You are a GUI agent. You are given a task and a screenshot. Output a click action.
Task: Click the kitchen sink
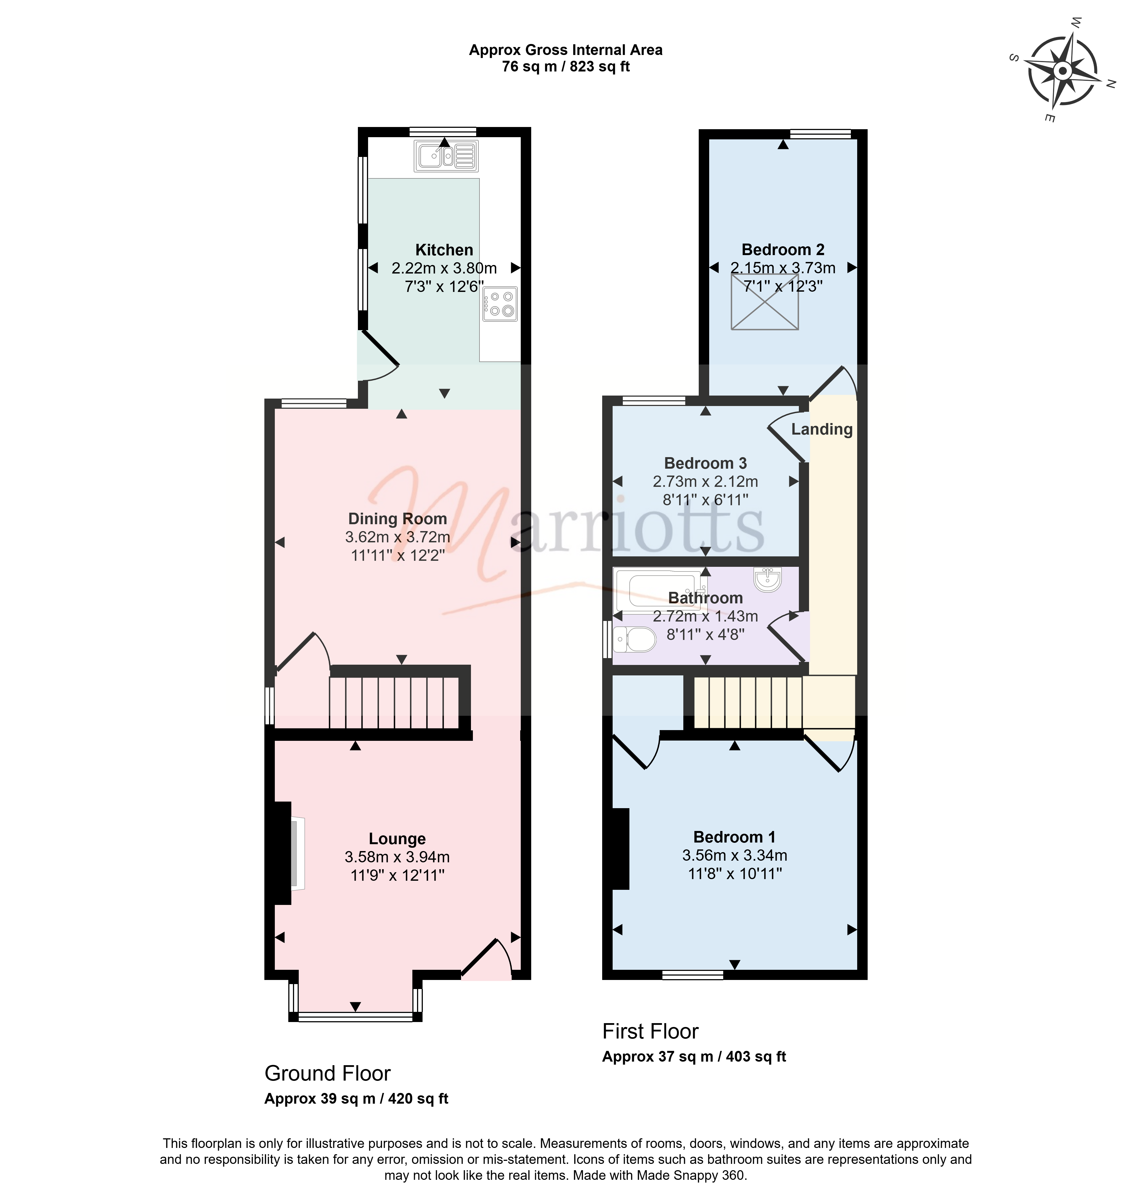pos(446,156)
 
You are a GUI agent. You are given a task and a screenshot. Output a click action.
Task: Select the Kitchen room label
pos(444,250)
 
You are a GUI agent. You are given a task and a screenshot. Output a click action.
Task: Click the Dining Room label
pos(398,519)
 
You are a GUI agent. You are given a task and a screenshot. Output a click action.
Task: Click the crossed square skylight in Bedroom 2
pos(765,302)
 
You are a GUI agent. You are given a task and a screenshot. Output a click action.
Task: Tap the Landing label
pos(822,429)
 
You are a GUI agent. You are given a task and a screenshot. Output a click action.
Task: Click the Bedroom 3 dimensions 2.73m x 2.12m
pos(705,482)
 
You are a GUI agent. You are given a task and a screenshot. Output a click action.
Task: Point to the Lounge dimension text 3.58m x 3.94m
pos(398,857)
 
